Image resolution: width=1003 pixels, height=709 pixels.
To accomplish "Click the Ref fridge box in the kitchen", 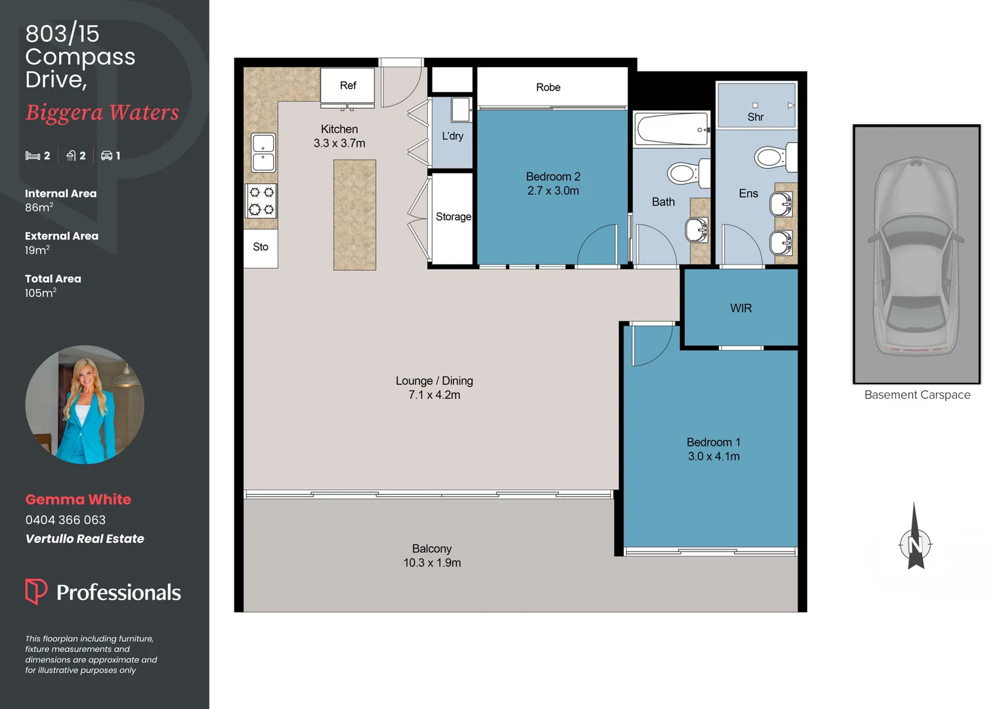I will (x=347, y=85).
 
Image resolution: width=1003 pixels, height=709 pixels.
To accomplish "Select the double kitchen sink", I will (x=263, y=152).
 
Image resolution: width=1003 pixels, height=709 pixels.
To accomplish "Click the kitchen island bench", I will (x=354, y=215).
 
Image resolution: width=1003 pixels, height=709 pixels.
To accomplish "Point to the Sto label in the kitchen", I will (x=261, y=247).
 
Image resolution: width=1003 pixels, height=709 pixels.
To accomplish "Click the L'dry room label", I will (x=452, y=136).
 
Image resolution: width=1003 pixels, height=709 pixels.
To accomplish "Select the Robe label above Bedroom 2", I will (x=548, y=87).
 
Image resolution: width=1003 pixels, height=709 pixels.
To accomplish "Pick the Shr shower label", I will (x=756, y=117).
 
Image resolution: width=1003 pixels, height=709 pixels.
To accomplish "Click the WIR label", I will (x=740, y=308).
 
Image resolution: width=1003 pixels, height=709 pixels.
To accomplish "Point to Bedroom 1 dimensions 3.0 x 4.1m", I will (x=714, y=456).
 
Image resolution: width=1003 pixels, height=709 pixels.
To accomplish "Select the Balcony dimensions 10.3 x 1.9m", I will (x=432, y=563).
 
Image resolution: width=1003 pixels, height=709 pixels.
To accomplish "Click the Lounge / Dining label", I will (x=434, y=381).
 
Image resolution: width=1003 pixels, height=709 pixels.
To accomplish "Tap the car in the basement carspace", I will (x=916, y=256).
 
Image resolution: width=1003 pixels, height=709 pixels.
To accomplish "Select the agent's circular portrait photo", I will (x=85, y=404).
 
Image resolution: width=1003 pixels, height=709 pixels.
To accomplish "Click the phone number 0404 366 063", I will (x=66, y=520).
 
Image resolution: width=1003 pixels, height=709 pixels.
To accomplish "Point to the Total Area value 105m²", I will (x=40, y=293).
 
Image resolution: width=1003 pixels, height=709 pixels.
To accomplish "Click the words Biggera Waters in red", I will (x=102, y=112).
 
